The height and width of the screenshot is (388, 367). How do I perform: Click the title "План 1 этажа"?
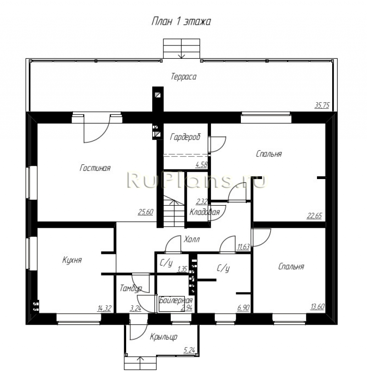[181, 22]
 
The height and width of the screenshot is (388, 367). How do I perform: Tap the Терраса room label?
[183, 77]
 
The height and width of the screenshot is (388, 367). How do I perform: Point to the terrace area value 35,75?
[322, 106]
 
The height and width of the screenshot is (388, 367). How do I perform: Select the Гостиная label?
[95, 168]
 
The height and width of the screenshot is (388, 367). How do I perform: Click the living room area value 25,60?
[146, 212]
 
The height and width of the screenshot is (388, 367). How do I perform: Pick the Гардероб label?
[185, 137]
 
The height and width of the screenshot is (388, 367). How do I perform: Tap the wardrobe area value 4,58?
[201, 164]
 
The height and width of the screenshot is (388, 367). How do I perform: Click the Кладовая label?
[205, 212]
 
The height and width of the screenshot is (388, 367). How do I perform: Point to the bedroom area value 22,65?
[314, 216]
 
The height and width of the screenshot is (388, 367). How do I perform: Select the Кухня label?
[72, 260]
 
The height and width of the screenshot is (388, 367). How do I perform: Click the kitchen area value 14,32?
[104, 308]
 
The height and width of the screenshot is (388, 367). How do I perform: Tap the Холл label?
[192, 239]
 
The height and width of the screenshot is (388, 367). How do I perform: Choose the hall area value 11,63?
[243, 247]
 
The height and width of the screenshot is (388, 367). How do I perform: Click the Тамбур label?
[131, 288]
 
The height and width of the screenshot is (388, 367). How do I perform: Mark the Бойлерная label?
[176, 300]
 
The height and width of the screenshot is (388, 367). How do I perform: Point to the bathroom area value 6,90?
[243, 308]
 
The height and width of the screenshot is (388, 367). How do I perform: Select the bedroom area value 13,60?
[317, 307]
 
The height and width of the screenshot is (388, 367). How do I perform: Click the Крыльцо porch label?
[163, 337]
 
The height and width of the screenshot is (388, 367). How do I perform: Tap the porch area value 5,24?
[189, 350]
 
